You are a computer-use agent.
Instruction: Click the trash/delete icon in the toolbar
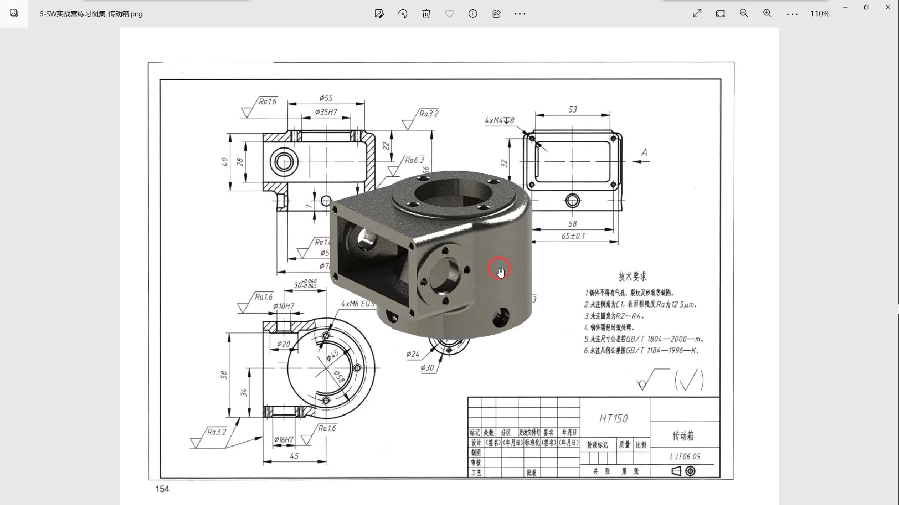click(x=426, y=14)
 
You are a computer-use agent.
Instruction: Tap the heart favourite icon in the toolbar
click(x=449, y=14)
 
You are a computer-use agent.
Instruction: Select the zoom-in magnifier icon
click(x=767, y=14)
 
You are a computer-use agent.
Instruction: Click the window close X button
click(x=888, y=7)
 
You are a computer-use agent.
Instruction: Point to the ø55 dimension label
click(x=326, y=98)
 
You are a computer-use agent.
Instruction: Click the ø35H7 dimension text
click(x=326, y=112)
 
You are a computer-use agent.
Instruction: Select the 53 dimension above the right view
click(x=573, y=109)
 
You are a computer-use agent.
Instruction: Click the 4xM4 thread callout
click(x=499, y=121)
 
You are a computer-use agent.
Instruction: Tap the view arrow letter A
click(x=644, y=152)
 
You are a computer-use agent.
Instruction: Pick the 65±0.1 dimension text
click(x=573, y=236)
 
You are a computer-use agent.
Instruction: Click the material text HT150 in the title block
click(x=613, y=418)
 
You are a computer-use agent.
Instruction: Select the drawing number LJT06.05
click(x=685, y=456)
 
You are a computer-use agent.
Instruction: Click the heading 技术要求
click(x=632, y=276)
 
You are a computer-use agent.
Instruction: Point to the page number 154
click(x=162, y=489)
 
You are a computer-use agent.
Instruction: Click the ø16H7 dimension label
click(x=284, y=440)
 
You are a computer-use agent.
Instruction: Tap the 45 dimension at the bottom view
click(x=294, y=456)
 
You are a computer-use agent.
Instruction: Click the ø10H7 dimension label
click(x=284, y=306)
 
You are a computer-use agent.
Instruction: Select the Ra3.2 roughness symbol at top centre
click(x=428, y=114)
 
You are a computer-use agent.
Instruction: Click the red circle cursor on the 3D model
click(x=499, y=268)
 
